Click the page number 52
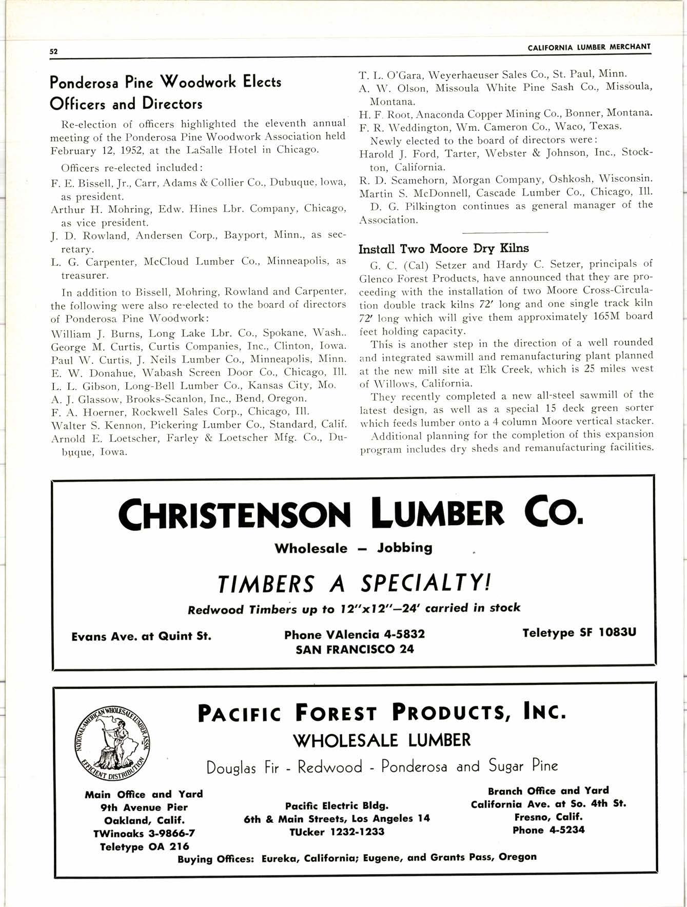pyautogui.click(x=53, y=51)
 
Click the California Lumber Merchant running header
pyautogui.click(x=588, y=47)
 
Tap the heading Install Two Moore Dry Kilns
pyautogui.click(x=443, y=249)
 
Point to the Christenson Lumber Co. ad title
pyautogui.click(x=351, y=513)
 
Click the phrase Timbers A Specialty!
pyautogui.click(x=354, y=583)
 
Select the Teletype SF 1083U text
pyautogui.click(x=579, y=633)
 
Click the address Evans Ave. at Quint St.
pyautogui.click(x=141, y=637)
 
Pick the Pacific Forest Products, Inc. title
pyautogui.click(x=382, y=713)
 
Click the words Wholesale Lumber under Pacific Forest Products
pyautogui.click(x=382, y=740)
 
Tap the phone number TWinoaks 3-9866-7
pyautogui.click(x=144, y=833)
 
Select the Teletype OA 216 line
pyautogui.click(x=144, y=846)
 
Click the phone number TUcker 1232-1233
pyautogui.click(x=337, y=832)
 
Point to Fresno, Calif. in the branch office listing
pyautogui.click(x=548, y=816)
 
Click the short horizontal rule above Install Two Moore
pyautogui.click(x=505, y=232)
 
